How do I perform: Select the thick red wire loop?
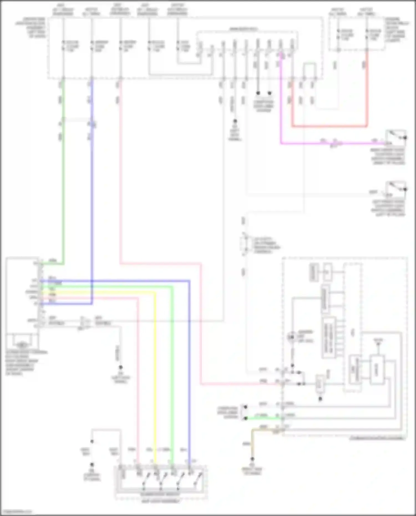[x=330, y=126]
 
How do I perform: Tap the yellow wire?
[x=155, y=374]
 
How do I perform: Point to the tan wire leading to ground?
[x=252, y=444]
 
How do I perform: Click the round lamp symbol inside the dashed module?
[x=291, y=337]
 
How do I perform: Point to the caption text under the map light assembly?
[x=160, y=501]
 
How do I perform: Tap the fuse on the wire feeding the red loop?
[x=367, y=35]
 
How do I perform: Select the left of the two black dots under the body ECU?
[x=258, y=93]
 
